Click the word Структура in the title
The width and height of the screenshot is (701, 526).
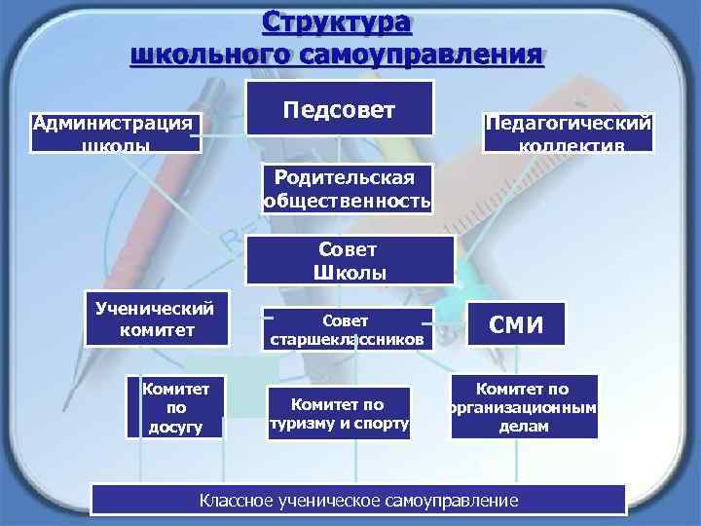click(336, 22)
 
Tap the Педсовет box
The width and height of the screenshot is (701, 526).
click(339, 107)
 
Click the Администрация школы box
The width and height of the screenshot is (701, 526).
click(115, 133)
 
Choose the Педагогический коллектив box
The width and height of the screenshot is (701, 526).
click(569, 133)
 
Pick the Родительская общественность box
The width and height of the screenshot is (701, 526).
click(345, 189)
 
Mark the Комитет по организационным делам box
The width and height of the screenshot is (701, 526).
click(523, 407)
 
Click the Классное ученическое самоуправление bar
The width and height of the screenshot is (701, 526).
click(358, 501)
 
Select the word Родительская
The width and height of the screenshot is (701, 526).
click(345, 178)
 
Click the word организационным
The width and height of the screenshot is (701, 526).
click(523, 407)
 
